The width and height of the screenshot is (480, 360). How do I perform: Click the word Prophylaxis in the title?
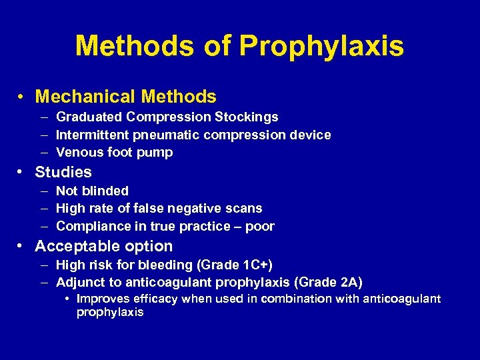[321, 47]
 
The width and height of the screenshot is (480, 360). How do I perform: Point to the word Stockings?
[246, 117]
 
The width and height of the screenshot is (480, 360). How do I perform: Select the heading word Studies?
[63, 172]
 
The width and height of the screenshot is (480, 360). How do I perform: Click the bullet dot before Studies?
[22, 172]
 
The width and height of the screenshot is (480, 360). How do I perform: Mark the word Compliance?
[91, 227]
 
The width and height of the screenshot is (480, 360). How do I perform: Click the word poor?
[259, 227]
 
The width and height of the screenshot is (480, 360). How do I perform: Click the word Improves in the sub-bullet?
[103, 299]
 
